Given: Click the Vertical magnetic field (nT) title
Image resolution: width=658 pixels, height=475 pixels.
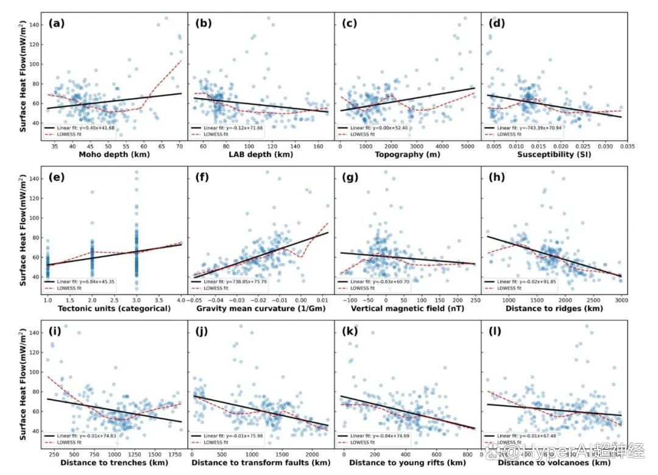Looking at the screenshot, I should (x=407, y=309).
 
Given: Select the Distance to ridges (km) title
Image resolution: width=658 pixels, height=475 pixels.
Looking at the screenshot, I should (x=554, y=309).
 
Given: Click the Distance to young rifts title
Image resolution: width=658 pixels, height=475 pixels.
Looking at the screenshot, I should (x=407, y=463).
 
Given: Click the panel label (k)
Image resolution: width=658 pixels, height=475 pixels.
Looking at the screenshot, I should (x=350, y=332).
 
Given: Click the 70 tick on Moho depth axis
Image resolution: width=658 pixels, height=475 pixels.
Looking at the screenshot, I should (x=179, y=146).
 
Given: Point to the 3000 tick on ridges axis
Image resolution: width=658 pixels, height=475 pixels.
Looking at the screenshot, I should (x=621, y=300).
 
